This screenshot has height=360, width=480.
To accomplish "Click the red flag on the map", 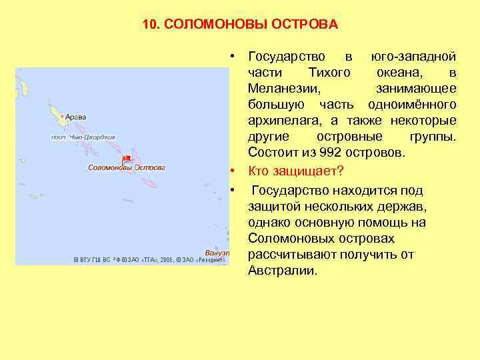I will [127, 159].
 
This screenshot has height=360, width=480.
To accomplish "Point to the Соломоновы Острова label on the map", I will [127, 167].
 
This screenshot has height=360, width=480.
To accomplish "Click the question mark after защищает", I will [341, 170].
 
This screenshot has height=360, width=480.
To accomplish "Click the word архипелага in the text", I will [282, 121].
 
